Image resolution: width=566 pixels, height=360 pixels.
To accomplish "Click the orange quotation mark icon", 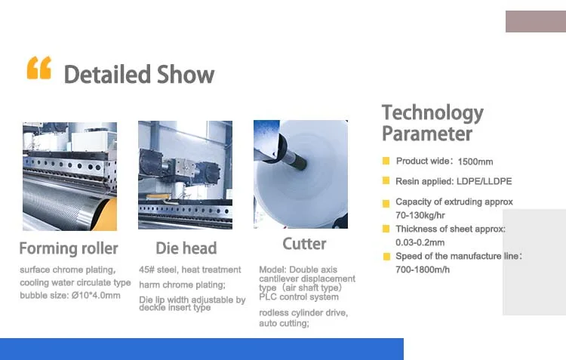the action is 39,67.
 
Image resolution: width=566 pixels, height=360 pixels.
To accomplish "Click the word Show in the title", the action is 186,75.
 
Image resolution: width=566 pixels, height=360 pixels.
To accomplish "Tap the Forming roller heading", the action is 69,248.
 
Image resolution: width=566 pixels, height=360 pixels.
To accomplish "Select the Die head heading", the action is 186,248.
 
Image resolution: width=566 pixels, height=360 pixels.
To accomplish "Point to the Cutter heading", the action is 304,244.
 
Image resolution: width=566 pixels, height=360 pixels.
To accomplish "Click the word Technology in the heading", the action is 432,113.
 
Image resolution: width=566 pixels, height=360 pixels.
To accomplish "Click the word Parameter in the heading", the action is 427,134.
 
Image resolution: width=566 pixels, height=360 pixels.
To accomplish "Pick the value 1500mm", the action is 475,162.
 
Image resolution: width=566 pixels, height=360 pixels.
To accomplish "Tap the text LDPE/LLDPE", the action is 484,181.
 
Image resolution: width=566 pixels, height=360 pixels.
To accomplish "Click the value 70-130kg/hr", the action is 420,216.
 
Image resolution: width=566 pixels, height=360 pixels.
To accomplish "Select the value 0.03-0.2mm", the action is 420,243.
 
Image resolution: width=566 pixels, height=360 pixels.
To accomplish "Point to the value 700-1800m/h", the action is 423,269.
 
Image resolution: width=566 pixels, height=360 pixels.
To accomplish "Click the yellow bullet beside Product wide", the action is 386,161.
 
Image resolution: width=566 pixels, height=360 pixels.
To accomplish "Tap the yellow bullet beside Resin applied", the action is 386,180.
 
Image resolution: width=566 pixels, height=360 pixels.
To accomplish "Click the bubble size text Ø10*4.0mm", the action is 96,295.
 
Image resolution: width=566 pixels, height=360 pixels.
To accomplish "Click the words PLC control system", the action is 299,297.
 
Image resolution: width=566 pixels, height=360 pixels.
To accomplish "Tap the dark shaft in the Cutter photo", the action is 293,158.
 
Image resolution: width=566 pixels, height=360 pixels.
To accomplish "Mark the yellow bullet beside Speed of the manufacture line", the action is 386,257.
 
